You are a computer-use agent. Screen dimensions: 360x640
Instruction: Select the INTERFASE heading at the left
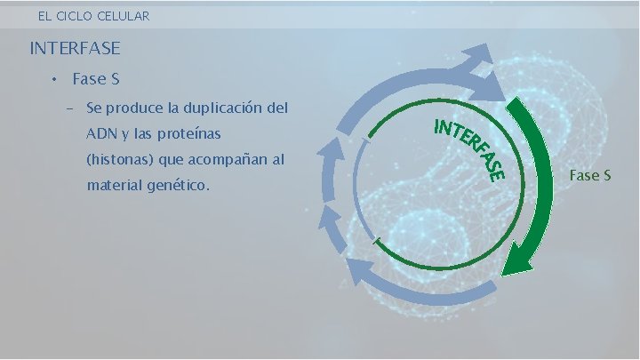click(x=75, y=47)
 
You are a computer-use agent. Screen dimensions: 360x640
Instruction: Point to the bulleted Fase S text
click(x=96, y=79)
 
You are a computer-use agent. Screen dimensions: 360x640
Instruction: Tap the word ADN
click(x=100, y=134)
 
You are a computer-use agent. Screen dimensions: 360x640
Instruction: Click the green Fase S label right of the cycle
click(x=589, y=175)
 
